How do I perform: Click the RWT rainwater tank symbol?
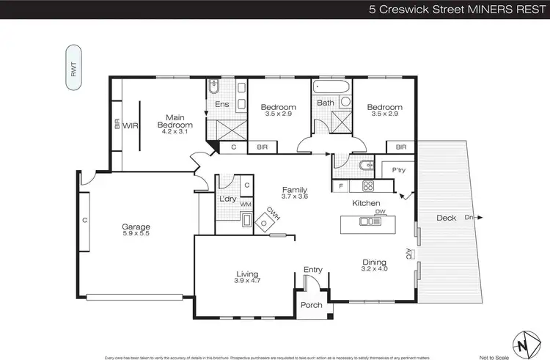[75, 68]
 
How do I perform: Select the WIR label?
[131, 125]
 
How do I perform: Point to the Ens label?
[222, 104]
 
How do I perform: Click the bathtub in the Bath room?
[332, 87]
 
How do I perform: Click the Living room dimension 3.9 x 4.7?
[246, 281]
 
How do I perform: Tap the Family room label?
[295, 190]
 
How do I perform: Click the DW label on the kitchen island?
[380, 212]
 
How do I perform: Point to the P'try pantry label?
[399, 170]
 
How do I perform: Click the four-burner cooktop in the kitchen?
[367, 185]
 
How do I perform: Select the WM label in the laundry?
[246, 205]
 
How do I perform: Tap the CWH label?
[273, 214]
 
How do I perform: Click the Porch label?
[312, 305]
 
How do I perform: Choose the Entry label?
[313, 270]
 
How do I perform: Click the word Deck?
[447, 218]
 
